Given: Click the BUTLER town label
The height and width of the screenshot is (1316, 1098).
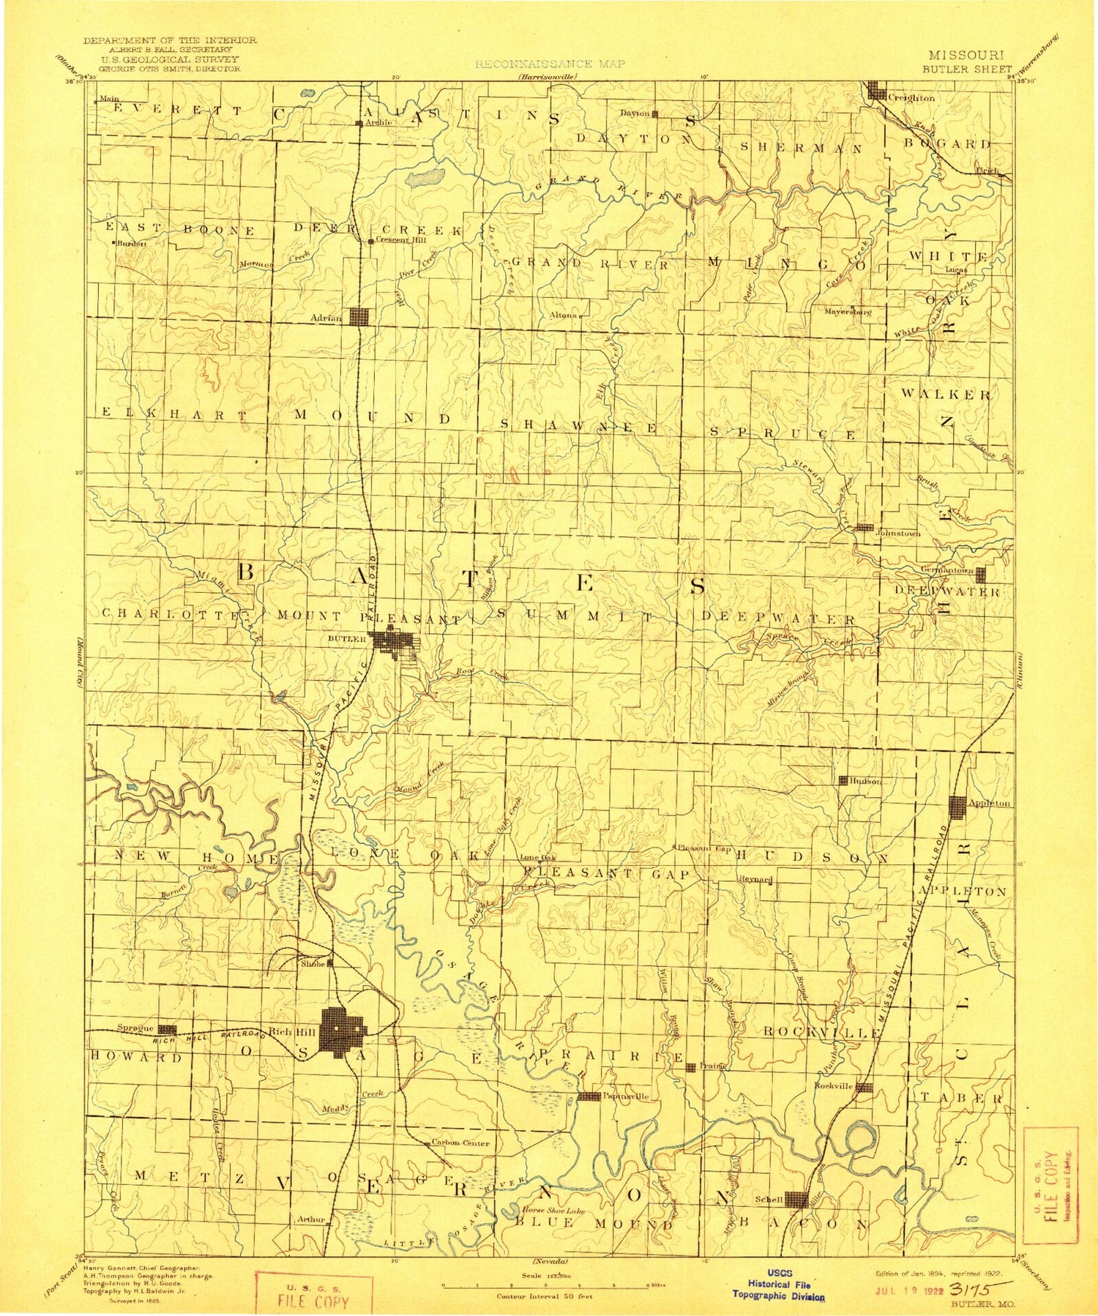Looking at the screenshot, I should (x=346, y=639).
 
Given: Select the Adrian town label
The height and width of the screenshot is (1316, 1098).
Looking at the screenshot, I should (x=326, y=318).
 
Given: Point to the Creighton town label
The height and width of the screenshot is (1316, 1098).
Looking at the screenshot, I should (x=911, y=97).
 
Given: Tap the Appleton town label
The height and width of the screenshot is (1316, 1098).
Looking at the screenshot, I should (x=989, y=803).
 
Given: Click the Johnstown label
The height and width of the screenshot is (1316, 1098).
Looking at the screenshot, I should (x=898, y=534).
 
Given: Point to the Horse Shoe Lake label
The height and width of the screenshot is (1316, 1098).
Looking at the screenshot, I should (x=553, y=1211).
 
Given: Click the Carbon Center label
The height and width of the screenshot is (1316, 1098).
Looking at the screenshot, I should (x=460, y=1143).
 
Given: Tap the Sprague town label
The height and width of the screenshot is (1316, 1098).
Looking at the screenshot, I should (x=135, y=1028).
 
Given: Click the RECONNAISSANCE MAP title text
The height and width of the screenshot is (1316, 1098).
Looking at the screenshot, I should (x=550, y=64).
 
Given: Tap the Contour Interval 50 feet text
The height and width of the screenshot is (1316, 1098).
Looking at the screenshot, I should (x=545, y=1296).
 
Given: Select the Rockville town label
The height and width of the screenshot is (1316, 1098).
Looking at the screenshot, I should (x=834, y=1086).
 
